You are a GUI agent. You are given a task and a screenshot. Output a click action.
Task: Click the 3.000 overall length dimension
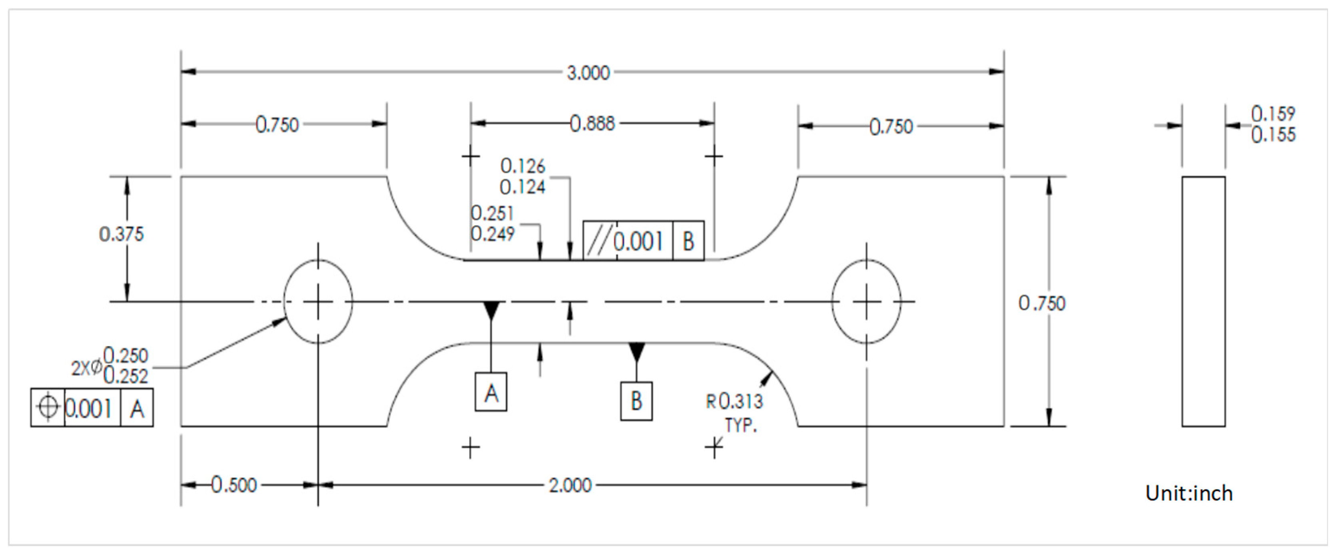588,73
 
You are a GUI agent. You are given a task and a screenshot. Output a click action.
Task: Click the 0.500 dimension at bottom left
233,485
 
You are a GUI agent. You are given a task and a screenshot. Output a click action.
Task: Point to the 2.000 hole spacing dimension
570,485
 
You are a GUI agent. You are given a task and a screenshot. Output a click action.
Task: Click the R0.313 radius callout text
734,401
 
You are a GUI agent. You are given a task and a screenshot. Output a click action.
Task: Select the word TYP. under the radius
741,425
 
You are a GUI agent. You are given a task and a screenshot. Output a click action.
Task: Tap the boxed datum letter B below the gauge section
636,401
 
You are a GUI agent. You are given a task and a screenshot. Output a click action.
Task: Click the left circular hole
318,302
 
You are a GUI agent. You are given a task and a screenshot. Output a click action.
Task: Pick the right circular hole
866,302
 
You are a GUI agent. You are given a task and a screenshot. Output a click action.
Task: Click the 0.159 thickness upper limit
1273,114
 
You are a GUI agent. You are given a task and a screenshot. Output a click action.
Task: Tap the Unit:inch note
1189,493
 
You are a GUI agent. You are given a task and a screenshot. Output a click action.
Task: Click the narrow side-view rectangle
1203,302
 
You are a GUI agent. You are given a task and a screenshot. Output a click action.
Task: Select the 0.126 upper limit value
522,166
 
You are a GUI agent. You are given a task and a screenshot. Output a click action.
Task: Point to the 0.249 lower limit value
492,234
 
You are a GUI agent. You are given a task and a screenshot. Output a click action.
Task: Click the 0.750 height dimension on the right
1041,303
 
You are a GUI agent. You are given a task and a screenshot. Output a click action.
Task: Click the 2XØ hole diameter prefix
86,368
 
